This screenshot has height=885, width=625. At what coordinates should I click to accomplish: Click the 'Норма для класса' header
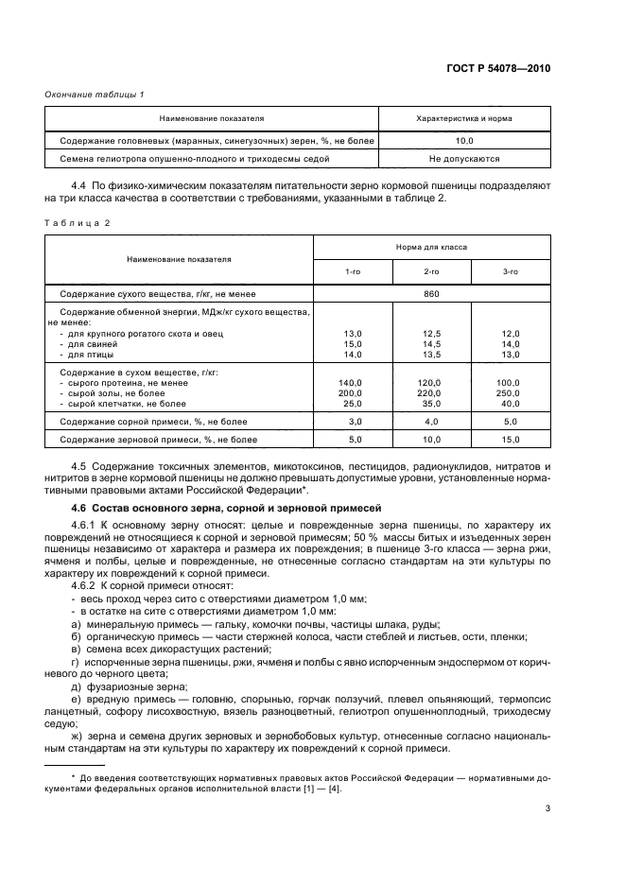430,246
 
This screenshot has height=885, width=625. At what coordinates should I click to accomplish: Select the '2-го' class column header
431,271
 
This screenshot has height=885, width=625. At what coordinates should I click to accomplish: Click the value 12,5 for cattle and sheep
431,334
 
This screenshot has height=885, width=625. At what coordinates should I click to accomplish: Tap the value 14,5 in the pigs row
431,344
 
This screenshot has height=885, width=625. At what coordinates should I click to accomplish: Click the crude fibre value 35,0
431,404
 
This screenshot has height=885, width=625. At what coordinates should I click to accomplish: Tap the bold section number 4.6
82,509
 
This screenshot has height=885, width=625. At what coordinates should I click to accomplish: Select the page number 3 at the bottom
547,807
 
